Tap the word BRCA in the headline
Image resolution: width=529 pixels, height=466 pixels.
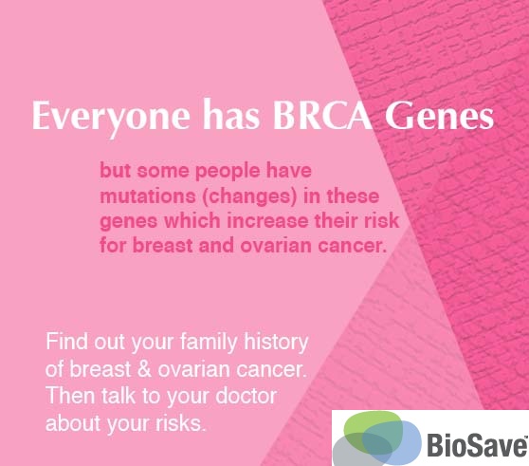322,115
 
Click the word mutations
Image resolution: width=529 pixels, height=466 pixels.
148,196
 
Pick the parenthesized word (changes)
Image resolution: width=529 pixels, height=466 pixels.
249,196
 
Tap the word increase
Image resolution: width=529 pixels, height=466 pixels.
267,221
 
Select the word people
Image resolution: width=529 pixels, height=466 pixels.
228,172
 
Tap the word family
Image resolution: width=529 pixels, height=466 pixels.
209,343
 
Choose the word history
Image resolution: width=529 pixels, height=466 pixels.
276,343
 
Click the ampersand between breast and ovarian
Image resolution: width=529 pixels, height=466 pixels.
144,369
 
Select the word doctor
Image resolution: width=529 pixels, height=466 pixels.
246,396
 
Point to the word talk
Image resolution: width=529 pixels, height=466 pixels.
119,396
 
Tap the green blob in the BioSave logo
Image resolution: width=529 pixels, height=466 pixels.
370,425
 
